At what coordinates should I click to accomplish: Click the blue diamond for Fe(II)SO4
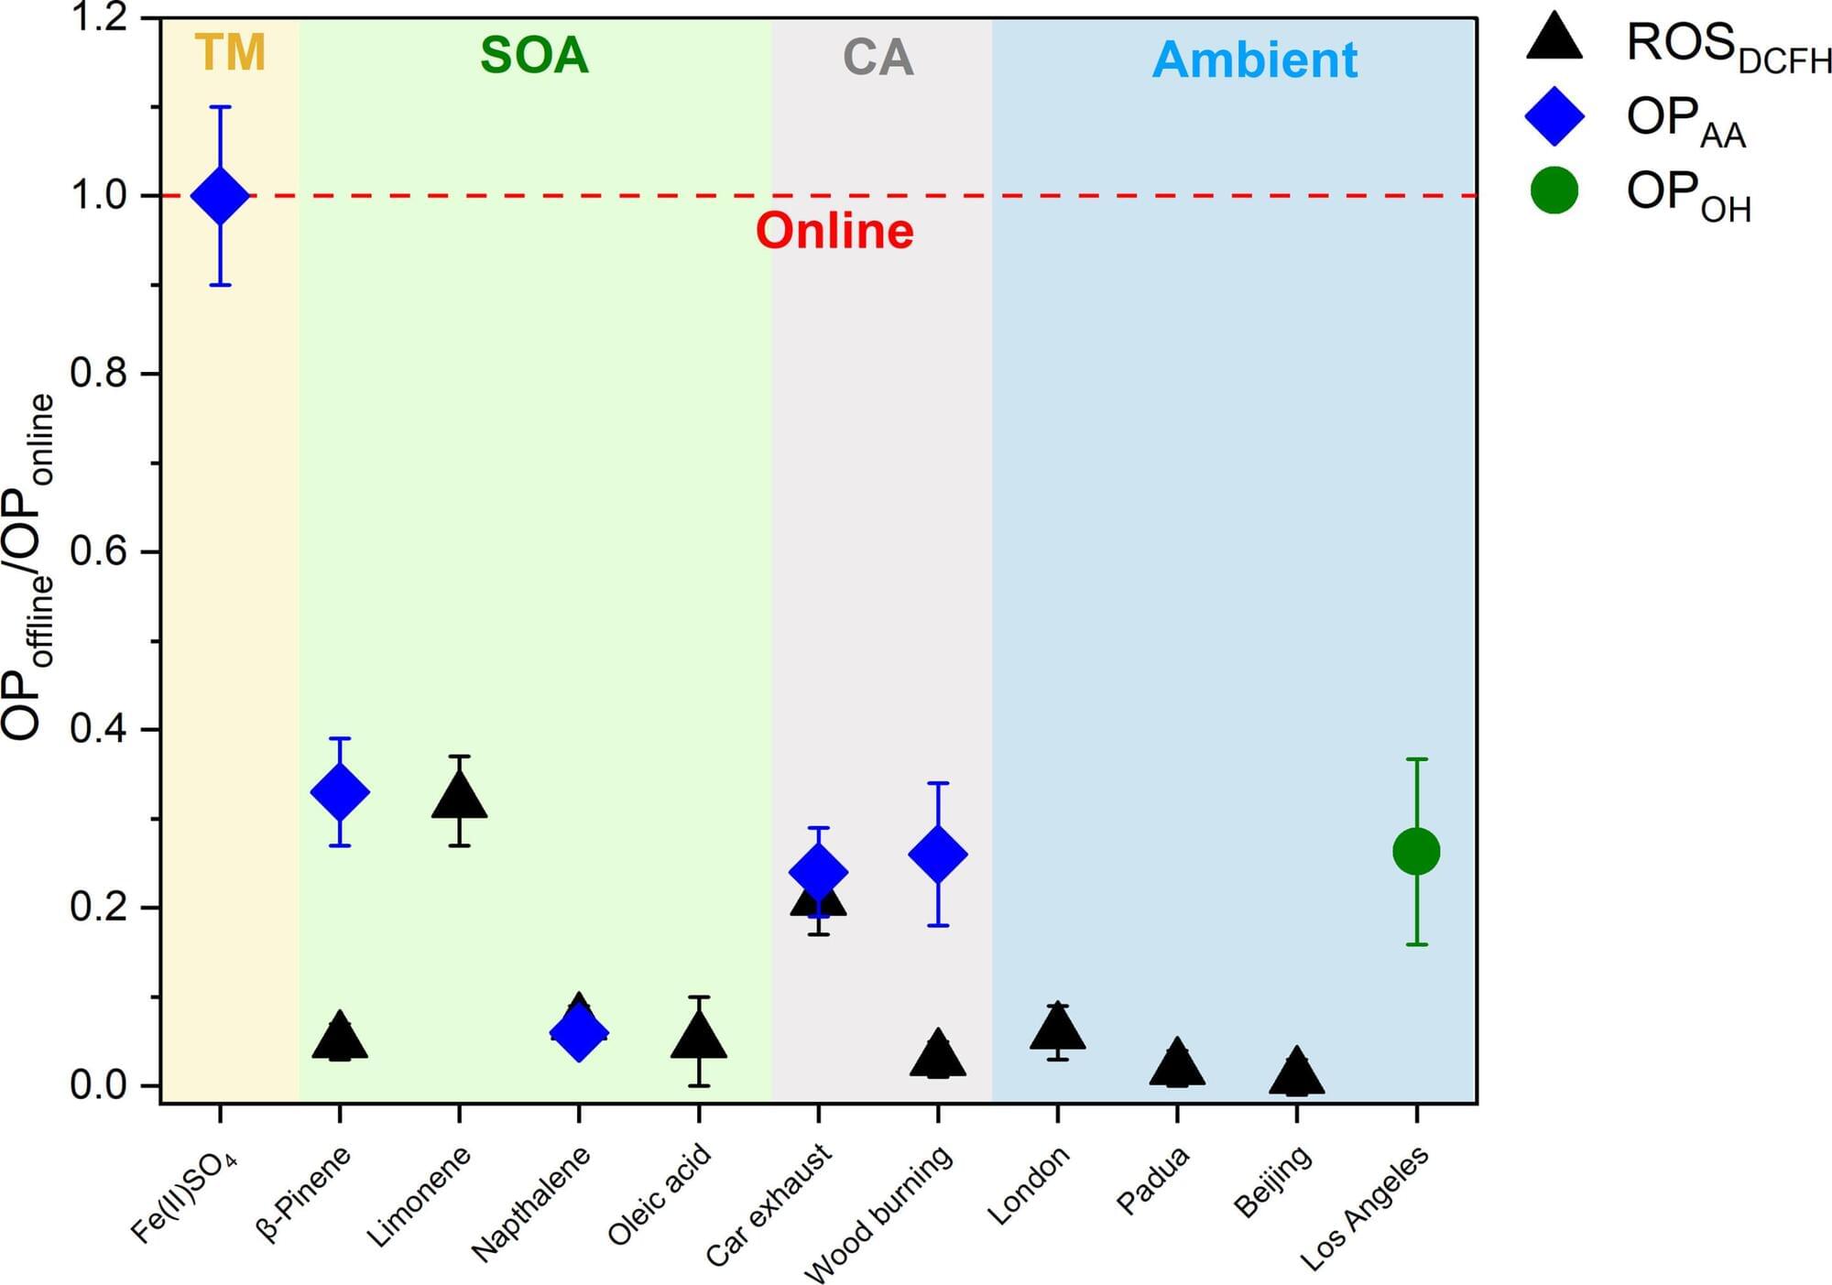pos(220,195)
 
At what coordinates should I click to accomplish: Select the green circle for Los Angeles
pos(1416,852)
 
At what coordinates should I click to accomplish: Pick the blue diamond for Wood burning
pos(937,855)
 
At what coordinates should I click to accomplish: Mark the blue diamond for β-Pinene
pos(340,792)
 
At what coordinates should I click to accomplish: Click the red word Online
pos(834,231)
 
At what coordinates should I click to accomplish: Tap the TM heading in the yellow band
pos(230,52)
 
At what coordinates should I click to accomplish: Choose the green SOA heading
pos(534,56)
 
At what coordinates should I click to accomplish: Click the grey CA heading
pos(878,58)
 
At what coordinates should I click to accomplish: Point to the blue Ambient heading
pos(1254,60)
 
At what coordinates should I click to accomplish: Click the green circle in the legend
pos(1554,191)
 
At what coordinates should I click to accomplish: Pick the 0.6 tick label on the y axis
pos(98,552)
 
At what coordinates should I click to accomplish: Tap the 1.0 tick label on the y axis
pos(98,195)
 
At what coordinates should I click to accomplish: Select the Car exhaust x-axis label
pos(770,1204)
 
